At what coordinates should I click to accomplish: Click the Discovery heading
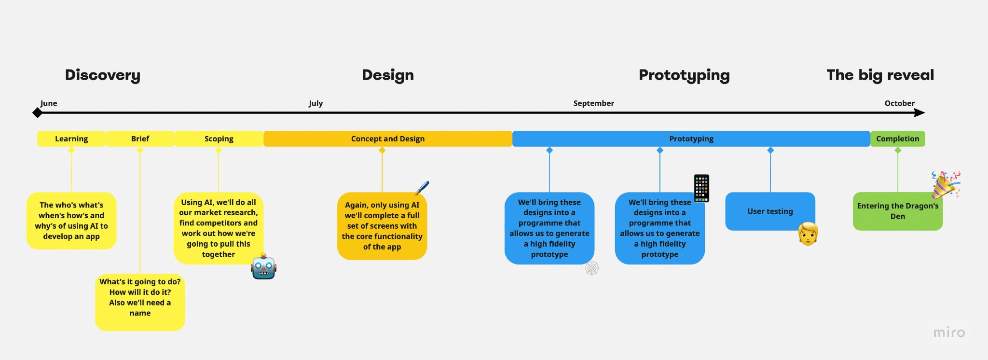(x=102, y=75)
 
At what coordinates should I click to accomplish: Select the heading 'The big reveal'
(x=880, y=75)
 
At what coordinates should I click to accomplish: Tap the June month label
(x=49, y=103)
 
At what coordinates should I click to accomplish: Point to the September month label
(x=593, y=103)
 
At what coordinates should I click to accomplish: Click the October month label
(x=899, y=103)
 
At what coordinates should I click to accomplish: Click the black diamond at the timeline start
(x=37, y=113)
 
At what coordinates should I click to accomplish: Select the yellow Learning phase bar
(x=71, y=138)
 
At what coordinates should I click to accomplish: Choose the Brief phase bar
(x=140, y=138)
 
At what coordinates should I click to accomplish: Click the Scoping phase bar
(x=219, y=138)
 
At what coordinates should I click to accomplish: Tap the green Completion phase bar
(x=897, y=138)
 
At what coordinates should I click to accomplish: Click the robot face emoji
(x=263, y=267)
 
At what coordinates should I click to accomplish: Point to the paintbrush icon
(x=422, y=188)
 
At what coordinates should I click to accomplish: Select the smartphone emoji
(x=701, y=188)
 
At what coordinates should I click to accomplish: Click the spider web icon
(x=592, y=268)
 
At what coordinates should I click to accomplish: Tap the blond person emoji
(x=808, y=234)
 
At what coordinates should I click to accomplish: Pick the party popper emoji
(x=945, y=185)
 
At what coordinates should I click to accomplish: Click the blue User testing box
(x=770, y=211)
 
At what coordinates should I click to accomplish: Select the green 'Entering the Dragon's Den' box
(x=897, y=211)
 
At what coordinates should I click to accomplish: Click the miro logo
(x=949, y=332)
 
